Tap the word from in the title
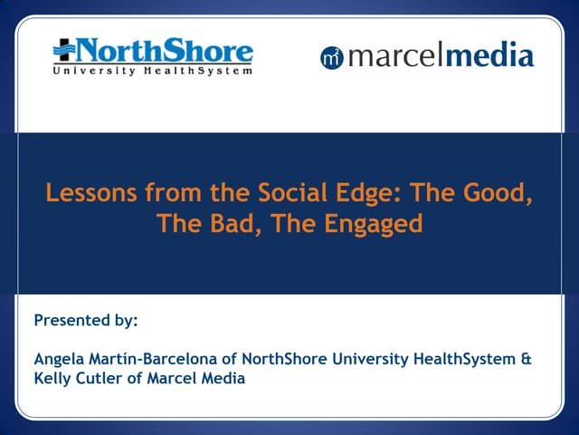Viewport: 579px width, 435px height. click(157, 193)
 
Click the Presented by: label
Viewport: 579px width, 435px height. click(85, 320)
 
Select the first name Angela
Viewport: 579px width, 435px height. click(59, 360)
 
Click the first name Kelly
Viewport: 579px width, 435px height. click(54, 379)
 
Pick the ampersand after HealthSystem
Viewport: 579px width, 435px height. click(527, 360)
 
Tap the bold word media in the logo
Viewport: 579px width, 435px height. click(491, 56)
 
